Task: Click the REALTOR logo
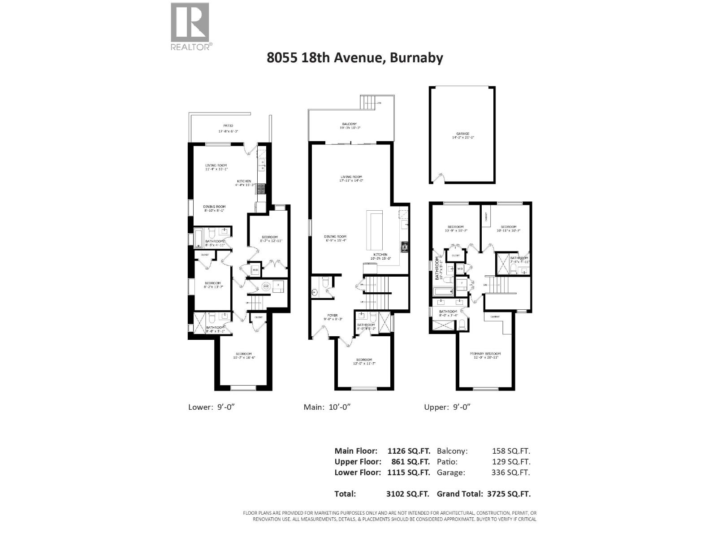(190, 26)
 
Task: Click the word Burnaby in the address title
(416, 58)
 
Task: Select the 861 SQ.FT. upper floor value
(408, 462)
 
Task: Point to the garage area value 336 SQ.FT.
(510, 473)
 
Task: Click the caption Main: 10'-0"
(327, 407)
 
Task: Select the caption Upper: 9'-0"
(447, 407)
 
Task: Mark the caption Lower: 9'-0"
(212, 407)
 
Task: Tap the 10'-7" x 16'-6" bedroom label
(242, 356)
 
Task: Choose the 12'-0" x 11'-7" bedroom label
(364, 362)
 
